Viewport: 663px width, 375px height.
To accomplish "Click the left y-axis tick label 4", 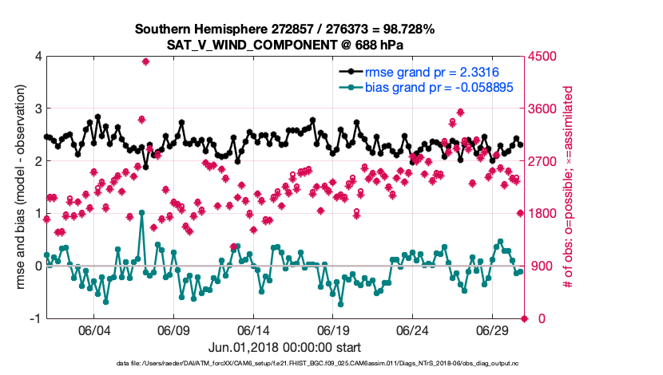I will [37, 57].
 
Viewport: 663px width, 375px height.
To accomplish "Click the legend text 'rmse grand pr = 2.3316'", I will [428, 72].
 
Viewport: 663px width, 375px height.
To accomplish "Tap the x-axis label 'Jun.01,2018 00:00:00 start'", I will [284, 348].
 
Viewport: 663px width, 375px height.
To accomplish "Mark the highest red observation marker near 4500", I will [145, 61].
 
